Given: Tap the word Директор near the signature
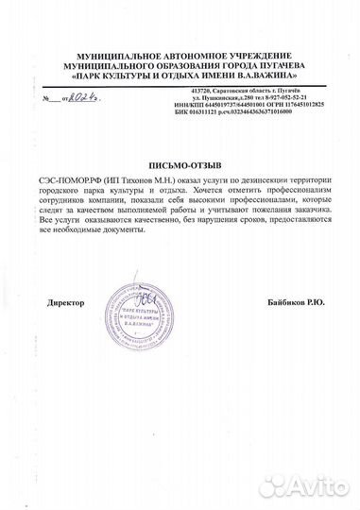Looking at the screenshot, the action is click(64, 302).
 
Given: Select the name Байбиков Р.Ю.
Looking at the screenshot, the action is click(297, 302).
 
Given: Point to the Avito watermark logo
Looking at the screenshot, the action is click(307, 486).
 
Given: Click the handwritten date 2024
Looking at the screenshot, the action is click(86, 96).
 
